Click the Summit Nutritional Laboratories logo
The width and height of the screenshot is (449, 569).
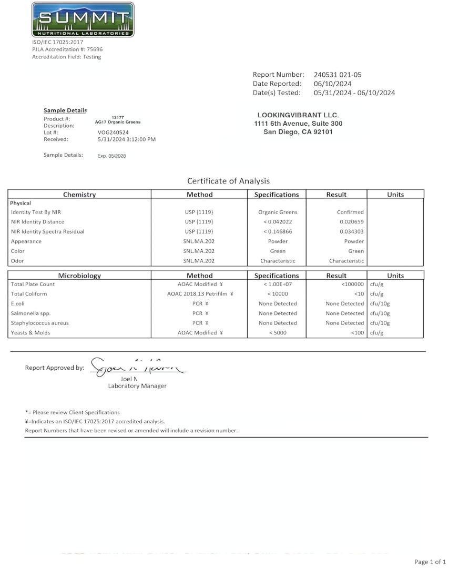click(x=83, y=20)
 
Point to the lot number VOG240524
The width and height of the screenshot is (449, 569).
click(x=114, y=133)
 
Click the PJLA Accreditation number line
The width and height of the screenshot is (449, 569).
click(x=67, y=49)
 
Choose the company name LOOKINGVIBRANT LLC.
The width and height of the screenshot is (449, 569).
click(x=298, y=115)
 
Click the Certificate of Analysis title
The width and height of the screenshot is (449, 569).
click(x=228, y=181)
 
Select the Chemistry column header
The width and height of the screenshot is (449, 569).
click(x=79, y=195)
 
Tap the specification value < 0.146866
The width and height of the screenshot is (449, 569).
click(x=277, y=231)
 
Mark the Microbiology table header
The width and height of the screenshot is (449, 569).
click(x=79, y=275)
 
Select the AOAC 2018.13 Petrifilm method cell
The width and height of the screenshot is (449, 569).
click(x=200, y=294)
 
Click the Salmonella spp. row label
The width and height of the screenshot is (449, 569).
click(x=31, y=313)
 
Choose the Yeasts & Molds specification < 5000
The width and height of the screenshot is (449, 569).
click(x=277, y=333)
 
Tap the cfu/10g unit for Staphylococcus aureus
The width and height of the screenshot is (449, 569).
click(x=380, y=323)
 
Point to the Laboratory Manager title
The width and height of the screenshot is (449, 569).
click(x=137, y=386)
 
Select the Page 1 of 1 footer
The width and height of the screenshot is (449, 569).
click(x=430, y=562)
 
